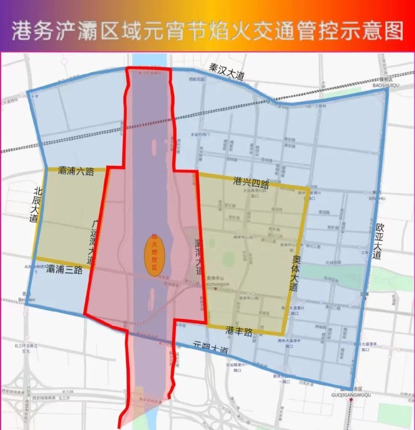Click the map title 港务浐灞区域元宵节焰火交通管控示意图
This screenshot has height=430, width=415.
207,32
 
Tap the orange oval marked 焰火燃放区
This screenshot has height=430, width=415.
154,255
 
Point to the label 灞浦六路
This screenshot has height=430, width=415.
76,171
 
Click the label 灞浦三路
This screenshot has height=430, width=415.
64,269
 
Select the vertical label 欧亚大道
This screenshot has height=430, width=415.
378,240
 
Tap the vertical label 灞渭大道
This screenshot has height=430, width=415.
198,256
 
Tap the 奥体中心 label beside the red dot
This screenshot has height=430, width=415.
216,278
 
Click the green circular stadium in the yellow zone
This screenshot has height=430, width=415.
229,259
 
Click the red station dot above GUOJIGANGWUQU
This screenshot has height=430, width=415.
351,400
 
